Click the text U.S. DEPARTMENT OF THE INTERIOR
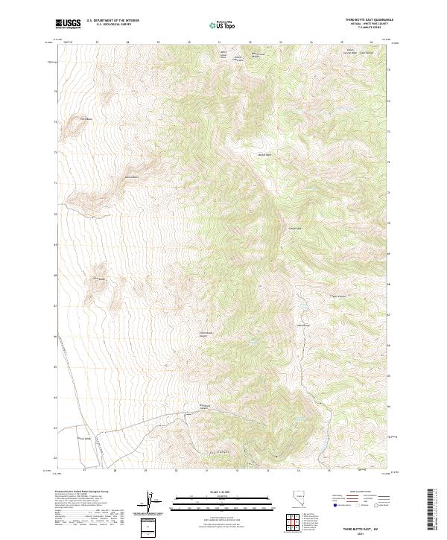pyautogui.click(x=112, y=20)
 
